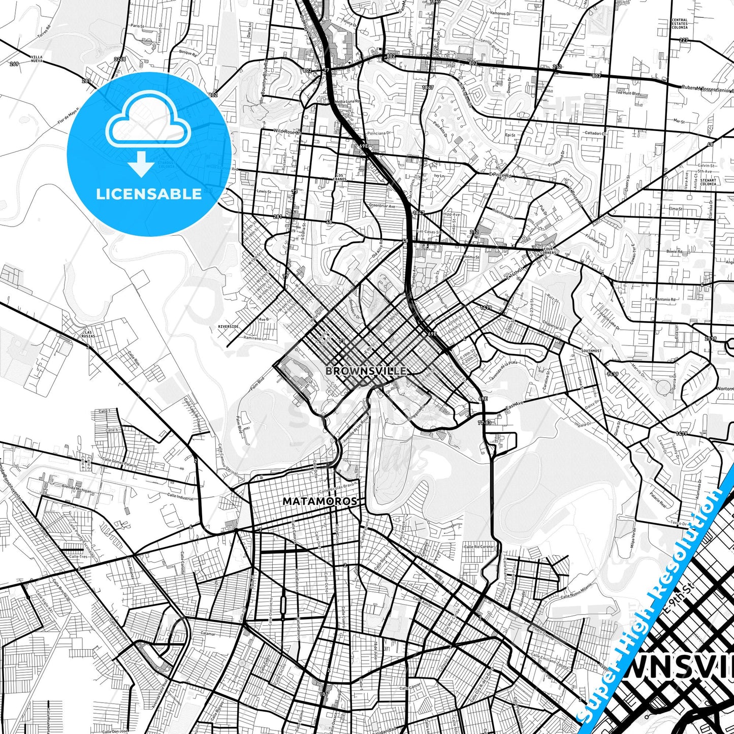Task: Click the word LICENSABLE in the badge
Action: point(149,194)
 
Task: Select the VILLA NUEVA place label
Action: point(37,59)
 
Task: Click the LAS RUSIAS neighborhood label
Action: point(89,334)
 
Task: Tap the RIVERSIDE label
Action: point(228,327)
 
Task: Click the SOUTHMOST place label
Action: point(592,351)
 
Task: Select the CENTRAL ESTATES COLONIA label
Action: point(680,23)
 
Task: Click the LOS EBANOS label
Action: point(340,177)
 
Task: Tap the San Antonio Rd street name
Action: point(663,300)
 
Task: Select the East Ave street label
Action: point(514,407)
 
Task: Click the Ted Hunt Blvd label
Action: point(627,93)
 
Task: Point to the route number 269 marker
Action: point(14,64)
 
